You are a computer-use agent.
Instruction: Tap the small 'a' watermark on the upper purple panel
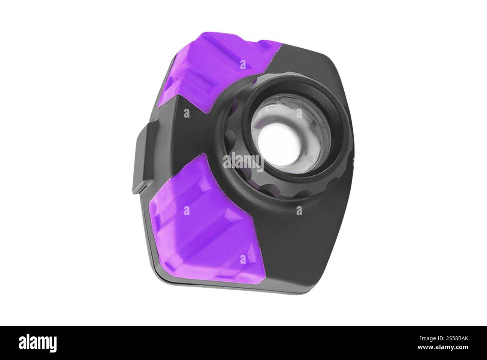pos(243,64)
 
